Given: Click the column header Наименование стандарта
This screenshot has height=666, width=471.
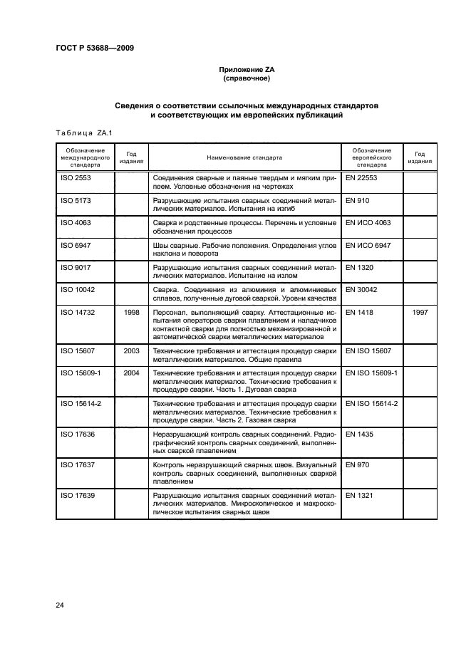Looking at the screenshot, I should [244, 157].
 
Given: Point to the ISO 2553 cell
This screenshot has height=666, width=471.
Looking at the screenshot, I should [76, 177].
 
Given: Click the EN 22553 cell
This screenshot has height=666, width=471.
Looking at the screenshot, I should [361, 177].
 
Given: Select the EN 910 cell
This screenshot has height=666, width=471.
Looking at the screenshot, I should [357, 201].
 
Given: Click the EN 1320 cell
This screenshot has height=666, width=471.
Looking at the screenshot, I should [359, 268].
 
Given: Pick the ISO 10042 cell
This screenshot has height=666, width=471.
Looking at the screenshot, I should [78, 290].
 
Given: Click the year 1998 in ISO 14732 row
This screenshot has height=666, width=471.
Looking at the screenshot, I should [131, 313].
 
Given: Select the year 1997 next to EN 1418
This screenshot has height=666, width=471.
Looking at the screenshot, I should [420, 313].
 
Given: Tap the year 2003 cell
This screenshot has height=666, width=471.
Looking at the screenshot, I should [131, 351].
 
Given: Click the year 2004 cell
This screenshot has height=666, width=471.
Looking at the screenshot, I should [131, 373].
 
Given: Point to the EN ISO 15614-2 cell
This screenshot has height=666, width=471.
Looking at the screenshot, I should [371, 403].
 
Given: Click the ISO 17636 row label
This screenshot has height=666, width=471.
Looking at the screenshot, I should [78, 434].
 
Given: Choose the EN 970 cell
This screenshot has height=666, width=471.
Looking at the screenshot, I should [357, 464].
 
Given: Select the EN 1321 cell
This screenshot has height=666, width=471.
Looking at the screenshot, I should [359, 494].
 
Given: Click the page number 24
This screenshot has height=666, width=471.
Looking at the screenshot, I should [60, 605].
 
